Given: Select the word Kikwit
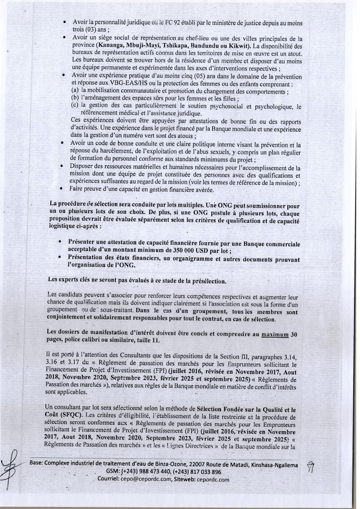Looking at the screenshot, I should point(242,46).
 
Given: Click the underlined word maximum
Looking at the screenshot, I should point(275,334).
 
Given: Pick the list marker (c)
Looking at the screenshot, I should point(75,105).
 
